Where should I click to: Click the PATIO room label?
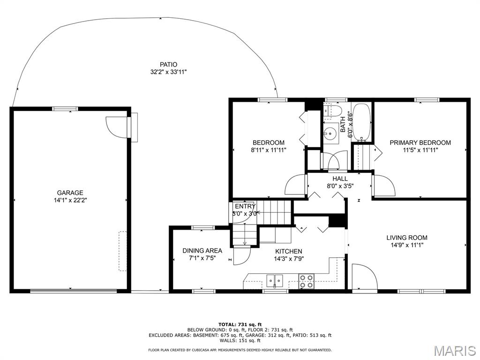[x=168, y=65]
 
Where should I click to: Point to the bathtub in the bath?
[x=362, y=122]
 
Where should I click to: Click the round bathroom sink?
[x=330, y=134]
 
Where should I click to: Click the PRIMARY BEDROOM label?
[x=420, y=142]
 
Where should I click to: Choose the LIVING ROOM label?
[x=407, y=238]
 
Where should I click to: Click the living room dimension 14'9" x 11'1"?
[x=407, y=245]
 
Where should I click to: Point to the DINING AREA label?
[x=202, y=250]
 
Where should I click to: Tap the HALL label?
[x=340, y=179]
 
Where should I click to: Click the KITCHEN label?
[x=289, y=251]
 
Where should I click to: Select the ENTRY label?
[x=245, y=206]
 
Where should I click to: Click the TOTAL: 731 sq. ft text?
[x=240, y=324]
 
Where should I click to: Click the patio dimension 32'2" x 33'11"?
[x=168, y=72]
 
